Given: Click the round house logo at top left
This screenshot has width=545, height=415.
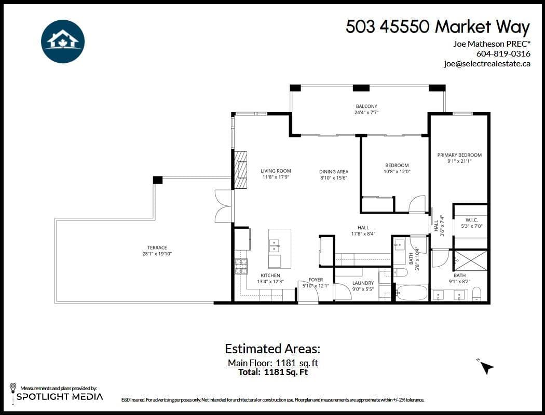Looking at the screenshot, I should (63, 41).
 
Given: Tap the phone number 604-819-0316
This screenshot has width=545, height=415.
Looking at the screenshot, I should (503, 53).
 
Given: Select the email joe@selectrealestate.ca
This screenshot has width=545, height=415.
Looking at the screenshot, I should (487, 64).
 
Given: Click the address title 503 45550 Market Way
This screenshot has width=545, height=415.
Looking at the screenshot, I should (438, 27).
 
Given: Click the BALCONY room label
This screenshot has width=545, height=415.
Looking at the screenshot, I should (366, 106).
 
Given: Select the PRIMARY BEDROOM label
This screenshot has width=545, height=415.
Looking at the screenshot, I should (459, 155).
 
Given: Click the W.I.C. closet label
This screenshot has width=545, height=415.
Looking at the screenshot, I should (470, 219).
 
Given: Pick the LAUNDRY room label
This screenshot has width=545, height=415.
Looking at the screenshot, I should (363, 283).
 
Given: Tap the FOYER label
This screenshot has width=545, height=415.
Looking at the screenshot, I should (316, 280).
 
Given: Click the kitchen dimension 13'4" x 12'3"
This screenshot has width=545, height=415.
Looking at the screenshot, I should (270, 282).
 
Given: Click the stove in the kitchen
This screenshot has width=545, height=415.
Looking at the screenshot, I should (241, 267).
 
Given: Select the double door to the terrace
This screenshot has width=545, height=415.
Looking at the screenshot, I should (224, 206).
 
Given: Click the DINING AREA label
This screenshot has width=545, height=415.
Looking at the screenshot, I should (334, 172).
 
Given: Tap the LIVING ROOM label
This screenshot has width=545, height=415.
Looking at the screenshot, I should (276, 171).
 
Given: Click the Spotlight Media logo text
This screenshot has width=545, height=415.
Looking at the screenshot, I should (60, 397).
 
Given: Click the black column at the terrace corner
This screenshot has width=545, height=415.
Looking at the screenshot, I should (158, 180).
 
